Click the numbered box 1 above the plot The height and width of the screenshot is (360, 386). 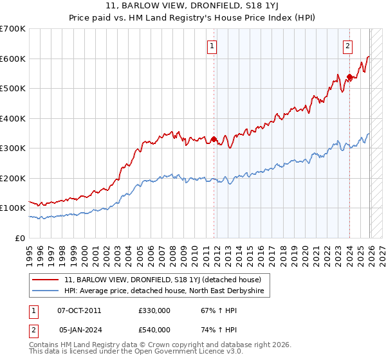point(212,46)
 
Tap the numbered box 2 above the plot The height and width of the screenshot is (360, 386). point(347,46)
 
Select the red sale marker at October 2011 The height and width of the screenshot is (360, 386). point(214,138)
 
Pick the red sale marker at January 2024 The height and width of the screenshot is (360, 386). point(349,77)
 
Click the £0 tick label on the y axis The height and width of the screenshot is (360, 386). point(19,238)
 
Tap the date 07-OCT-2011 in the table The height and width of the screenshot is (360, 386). point(79,310)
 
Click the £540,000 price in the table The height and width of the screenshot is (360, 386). point(154,330)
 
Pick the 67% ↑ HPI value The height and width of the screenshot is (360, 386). point(210,310)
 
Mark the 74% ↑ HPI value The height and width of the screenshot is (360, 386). point(210,330)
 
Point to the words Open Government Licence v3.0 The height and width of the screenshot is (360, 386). point(181,352)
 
